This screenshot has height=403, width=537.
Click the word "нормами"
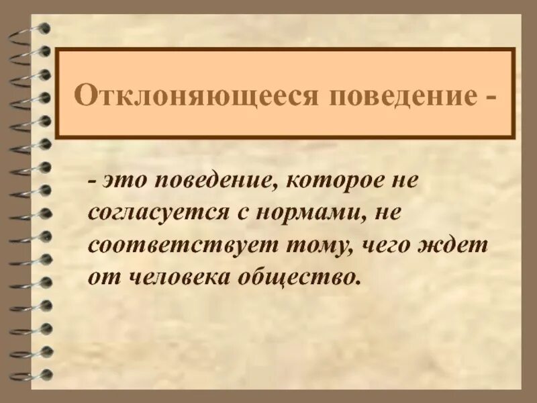coord(303,214)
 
